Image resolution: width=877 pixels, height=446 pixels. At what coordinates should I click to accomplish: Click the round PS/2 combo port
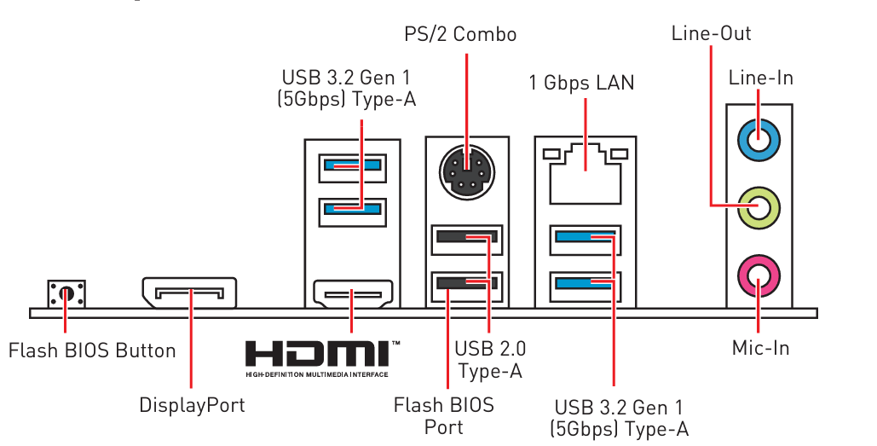pyautogui.click(x=466, y=170)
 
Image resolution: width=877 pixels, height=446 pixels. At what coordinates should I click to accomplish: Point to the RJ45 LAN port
pyautogui.click(x=586, y=175)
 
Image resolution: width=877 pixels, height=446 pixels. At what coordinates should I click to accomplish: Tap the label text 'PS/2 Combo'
pyautogui.click(x=460, y=35)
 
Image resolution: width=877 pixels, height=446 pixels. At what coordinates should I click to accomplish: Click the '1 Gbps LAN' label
pyautogui.click(x=581, y=83)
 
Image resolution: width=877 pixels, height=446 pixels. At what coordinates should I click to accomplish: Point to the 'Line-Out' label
pyautogui.click(x=711, y=34)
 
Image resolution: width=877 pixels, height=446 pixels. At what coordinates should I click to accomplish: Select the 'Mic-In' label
pyautogui.click(x=760, y=348)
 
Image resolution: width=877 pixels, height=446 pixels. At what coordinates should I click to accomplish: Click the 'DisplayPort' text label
pyautogui.click(x=192, y=405)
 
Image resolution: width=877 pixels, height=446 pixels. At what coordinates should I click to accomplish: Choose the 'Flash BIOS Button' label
pyautogui.click(x=92, y=350)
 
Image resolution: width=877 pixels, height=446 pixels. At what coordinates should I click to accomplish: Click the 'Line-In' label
pyautogui.click(x=760, y=78)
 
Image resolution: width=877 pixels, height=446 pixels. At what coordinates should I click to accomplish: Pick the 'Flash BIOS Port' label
pyautogui.click(x=444, y=415)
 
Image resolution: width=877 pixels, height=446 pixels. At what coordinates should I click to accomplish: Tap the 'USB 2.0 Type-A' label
pyautogui.click(x=490, y=359)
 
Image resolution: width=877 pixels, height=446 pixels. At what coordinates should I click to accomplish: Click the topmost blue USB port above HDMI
pyautogui.click(x=352, y=165)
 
